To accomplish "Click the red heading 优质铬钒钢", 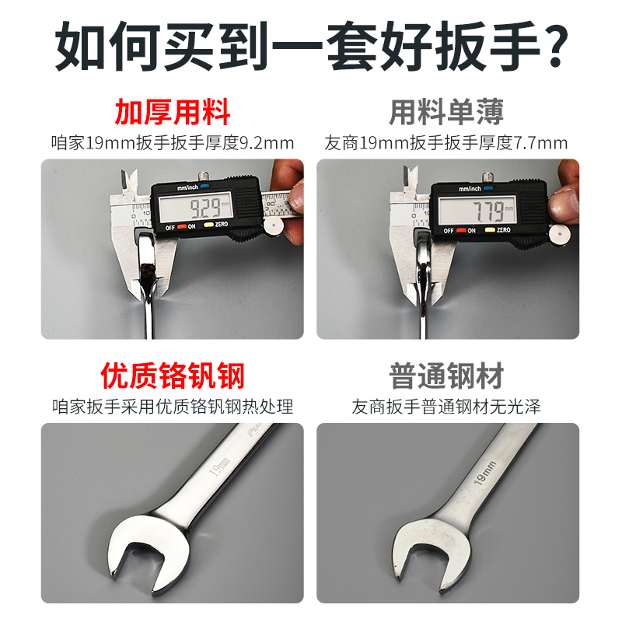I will point(173,376).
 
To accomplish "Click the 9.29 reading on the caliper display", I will point(204,208).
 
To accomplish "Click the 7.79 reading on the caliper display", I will point(476,209).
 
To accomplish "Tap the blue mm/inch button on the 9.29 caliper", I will point(204,187).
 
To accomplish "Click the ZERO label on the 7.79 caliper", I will point(503,230).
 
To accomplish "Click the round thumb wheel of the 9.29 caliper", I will point(273,225).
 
